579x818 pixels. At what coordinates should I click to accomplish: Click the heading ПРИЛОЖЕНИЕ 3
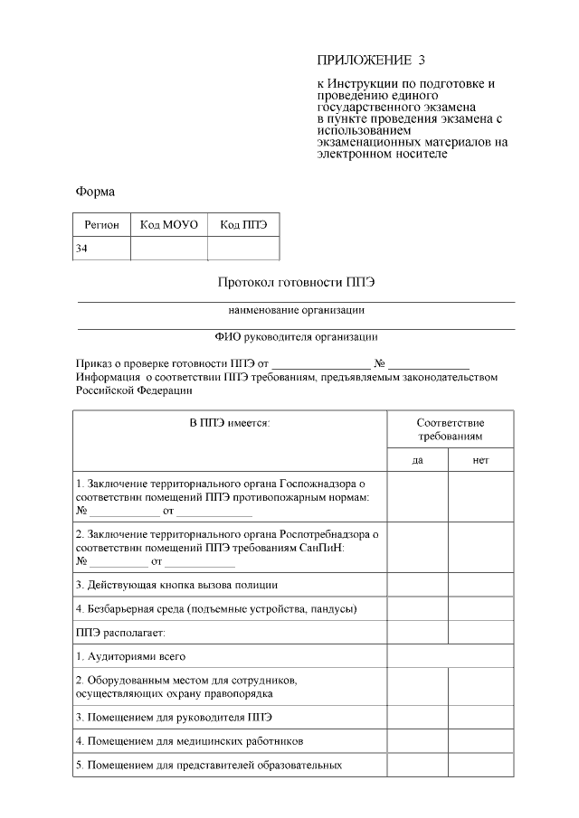(x=370, y=61)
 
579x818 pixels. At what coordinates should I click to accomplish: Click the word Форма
(x=95, y=192)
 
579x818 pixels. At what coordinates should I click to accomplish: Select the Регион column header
(x=101, y=224)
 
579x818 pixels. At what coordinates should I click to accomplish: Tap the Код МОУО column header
(x=169, y=224)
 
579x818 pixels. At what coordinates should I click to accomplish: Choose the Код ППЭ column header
(x=243, y=224)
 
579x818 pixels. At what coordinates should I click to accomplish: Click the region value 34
(x=82, y=248)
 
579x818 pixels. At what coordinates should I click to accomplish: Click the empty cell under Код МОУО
(x=169, y=248)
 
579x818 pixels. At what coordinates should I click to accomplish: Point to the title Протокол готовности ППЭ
(x=296, y=282)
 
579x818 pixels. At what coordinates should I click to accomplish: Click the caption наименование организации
(x=296, y=310)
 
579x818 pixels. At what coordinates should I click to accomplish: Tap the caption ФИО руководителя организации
(x=296, y=337)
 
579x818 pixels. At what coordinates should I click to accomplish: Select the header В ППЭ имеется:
(x=230, y=423)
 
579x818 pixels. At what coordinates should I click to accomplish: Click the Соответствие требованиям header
(x=450, y=429)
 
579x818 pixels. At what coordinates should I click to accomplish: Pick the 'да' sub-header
(x=418, y=460)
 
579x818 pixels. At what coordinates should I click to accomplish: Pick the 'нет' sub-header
(x=480, y=460)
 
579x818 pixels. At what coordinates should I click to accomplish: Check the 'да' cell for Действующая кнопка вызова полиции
(x=418, y=585)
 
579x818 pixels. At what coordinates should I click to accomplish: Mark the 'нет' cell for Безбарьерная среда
(x=480, y=608)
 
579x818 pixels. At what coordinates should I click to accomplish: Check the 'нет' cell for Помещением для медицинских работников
(x=480, y=741)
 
